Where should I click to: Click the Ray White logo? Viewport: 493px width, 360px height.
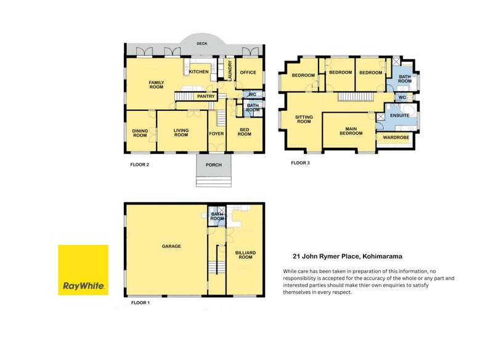point(83,270)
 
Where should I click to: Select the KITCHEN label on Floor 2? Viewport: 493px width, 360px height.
point(199,72)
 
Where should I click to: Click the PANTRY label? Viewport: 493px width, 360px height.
point(205,96)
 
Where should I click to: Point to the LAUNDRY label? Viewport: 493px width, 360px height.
point(229,72)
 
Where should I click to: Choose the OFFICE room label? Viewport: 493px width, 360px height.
point(248,73)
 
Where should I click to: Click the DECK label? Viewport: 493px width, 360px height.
point(201,44)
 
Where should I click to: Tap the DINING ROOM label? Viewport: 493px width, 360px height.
point(140,133)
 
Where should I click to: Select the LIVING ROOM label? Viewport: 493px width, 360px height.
point(181,133)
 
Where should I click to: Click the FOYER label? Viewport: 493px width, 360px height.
point(216,133)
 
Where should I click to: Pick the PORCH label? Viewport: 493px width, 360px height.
point(213,165)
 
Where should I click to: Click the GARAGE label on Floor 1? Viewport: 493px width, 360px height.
point(171,246)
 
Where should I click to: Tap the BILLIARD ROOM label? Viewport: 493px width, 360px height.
point(245,255)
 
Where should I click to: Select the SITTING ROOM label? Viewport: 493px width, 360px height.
point(304,119)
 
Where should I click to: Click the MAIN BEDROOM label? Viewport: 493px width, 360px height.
point(349,131)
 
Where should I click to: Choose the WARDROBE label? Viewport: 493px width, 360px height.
point(397,137)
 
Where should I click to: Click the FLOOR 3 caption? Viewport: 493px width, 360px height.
point(301,163)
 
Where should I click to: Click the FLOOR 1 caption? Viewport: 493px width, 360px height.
point(141,303)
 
